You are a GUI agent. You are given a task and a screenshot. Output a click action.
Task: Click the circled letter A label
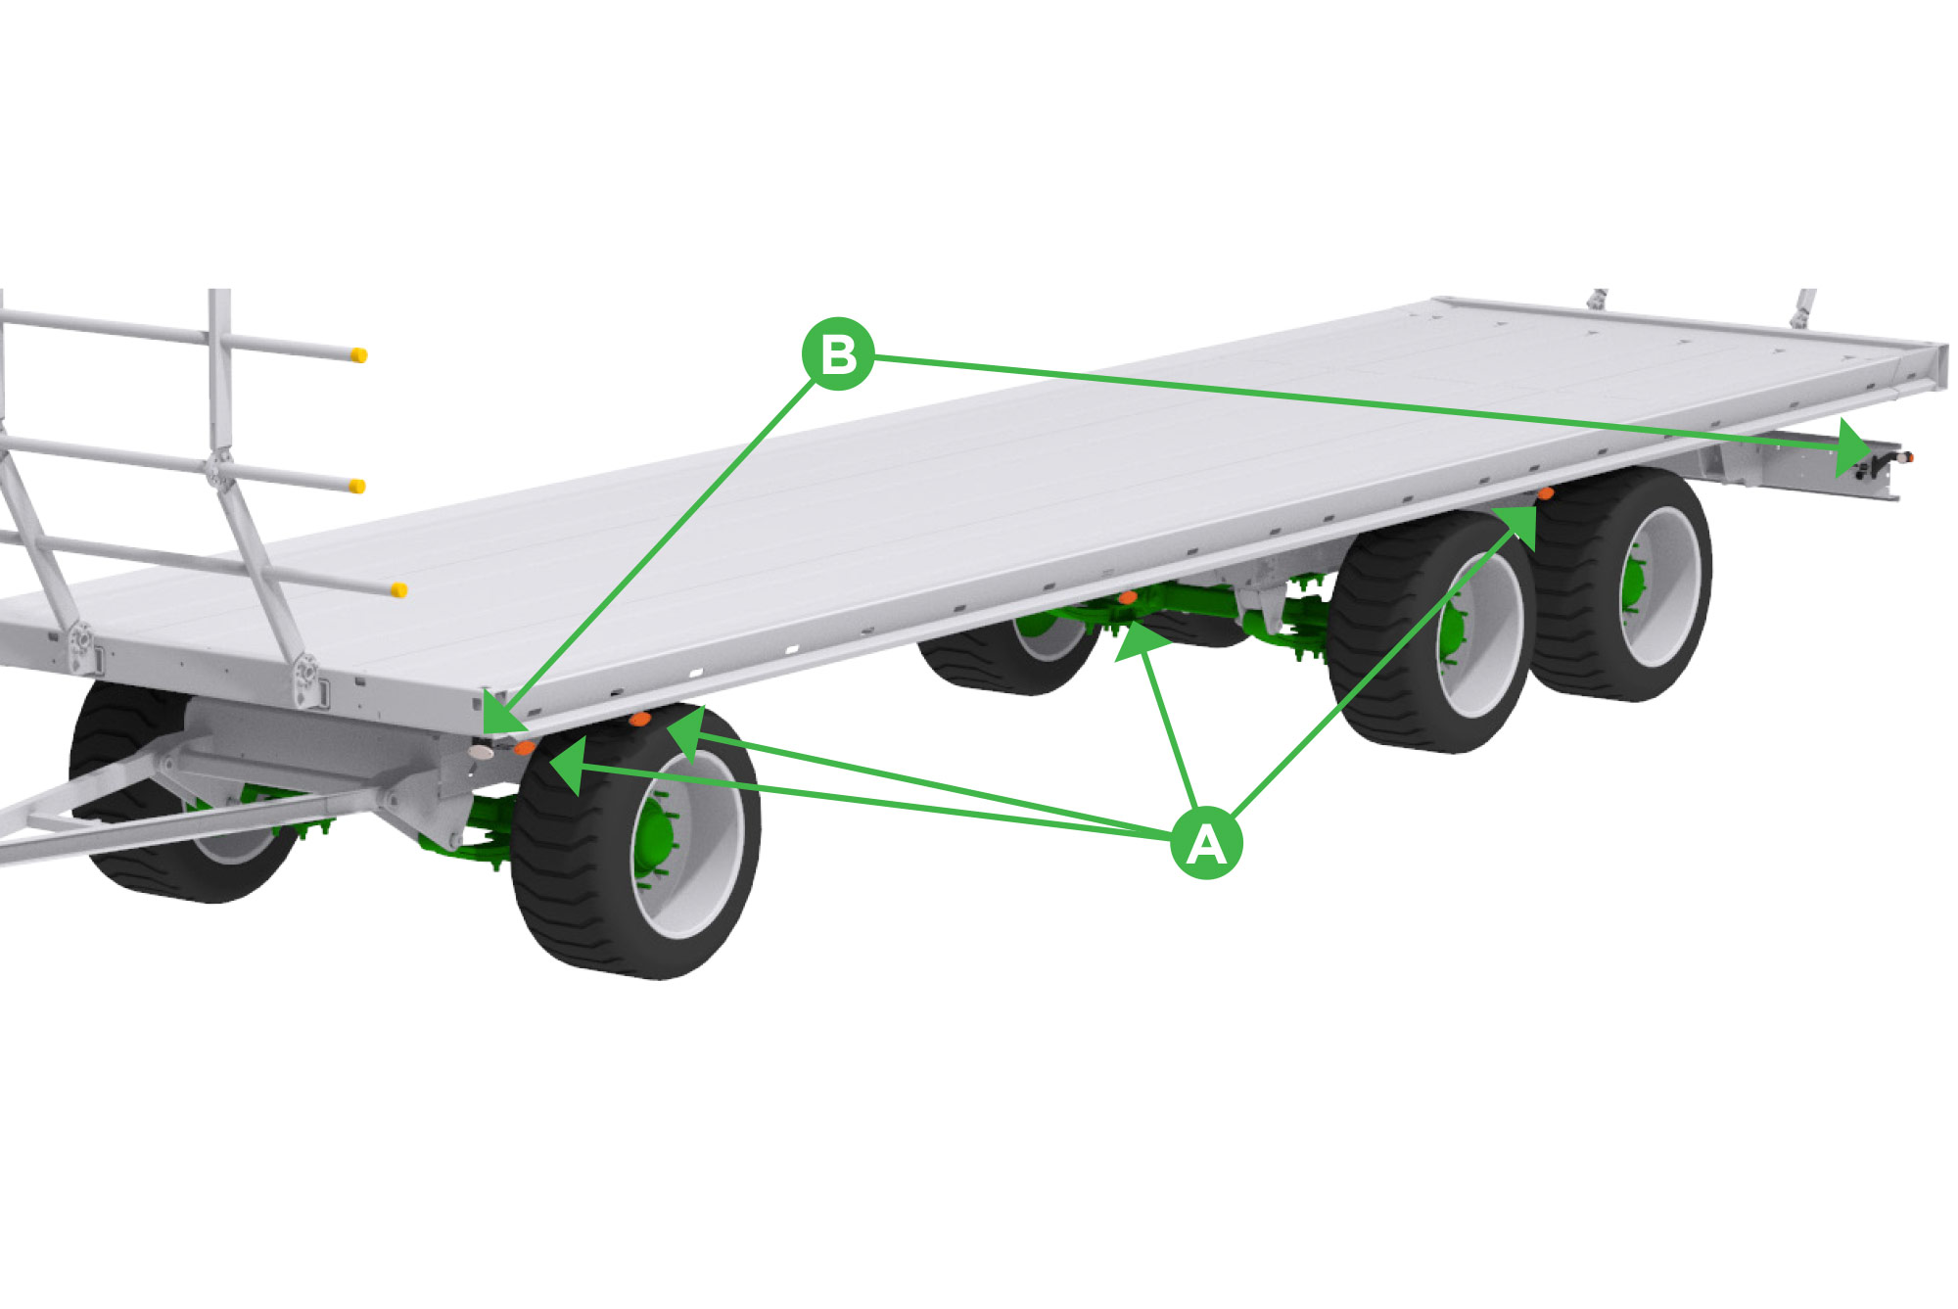pyautogui.click(x=1206, y=843)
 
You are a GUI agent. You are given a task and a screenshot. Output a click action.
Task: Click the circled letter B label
pyautogui.click(x=838, y=353)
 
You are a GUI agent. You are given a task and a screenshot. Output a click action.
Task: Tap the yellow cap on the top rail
pyautogui.click(x=359, y=355)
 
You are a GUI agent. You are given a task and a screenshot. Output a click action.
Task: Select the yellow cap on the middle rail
pyautogui.click(x=358, y=487)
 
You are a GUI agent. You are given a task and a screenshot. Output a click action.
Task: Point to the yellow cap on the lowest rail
pyautogui.click(x=398, y=589)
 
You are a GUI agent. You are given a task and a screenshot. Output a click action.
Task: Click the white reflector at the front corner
pyautogui.click(x=482, y=752)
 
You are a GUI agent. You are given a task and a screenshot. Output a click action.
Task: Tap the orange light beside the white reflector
pyautogui.click(x=525, y=748)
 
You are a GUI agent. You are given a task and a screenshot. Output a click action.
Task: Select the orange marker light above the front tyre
pyautogui.click(x=640, y=720)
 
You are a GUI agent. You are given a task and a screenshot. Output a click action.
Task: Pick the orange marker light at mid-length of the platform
pyautogui.click(x=1128, y=597)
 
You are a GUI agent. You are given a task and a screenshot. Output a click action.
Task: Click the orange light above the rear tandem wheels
pyautogui.click(x=1546, y=493)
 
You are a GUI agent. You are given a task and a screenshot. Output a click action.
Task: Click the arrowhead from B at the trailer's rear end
pyautogui.click(x=1852, y=447)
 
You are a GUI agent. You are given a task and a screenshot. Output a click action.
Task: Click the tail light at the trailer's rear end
pyautogui.click(x=1906, y=457)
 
